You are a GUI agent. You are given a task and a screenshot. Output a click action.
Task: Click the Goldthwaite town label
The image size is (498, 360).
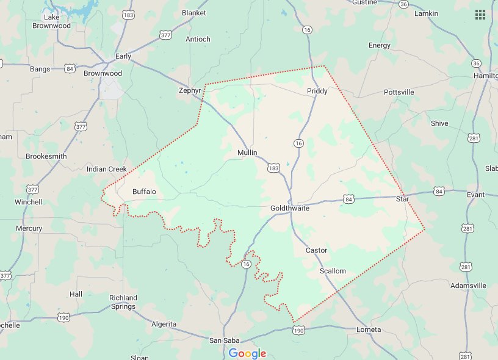tap(290, 208)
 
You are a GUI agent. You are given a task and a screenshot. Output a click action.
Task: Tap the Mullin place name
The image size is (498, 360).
tap(247, 152)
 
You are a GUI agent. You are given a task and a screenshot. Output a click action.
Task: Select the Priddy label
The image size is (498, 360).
tap(317, 92)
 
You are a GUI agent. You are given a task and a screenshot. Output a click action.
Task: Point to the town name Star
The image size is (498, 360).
tap(402, 199)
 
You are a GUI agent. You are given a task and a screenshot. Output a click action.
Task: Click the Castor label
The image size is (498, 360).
tap(316, 250)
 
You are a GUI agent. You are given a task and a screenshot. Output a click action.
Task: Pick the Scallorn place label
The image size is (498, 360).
tap(333, 271)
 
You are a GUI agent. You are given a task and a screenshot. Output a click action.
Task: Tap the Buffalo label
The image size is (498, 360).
tap(144, 192)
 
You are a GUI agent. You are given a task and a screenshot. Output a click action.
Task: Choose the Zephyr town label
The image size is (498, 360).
tap(190, 90)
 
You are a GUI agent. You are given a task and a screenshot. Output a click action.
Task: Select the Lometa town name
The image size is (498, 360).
tap(368, 330)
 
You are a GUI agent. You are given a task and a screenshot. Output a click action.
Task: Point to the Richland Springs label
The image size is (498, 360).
tap(123, 302)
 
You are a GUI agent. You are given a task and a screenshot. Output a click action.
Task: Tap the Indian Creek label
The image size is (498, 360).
tap(106, 169)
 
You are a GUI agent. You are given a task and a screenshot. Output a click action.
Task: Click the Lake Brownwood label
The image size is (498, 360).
tap(52, 21)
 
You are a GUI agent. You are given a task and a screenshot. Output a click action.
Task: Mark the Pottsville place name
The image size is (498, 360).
tap(399, 92)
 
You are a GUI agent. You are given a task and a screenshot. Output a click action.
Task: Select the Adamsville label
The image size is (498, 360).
tap(468, 286)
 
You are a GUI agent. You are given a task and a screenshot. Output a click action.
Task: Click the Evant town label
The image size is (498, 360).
tap(475, 195)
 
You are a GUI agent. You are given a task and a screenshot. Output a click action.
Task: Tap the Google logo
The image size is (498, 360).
tap(247, 353)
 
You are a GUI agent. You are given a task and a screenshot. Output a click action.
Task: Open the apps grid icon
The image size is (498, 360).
tap(480, 15)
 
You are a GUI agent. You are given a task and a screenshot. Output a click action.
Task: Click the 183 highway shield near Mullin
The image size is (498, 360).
tap(273, 167)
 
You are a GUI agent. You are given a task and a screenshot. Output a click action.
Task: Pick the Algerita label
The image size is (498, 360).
tap(164, 324)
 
